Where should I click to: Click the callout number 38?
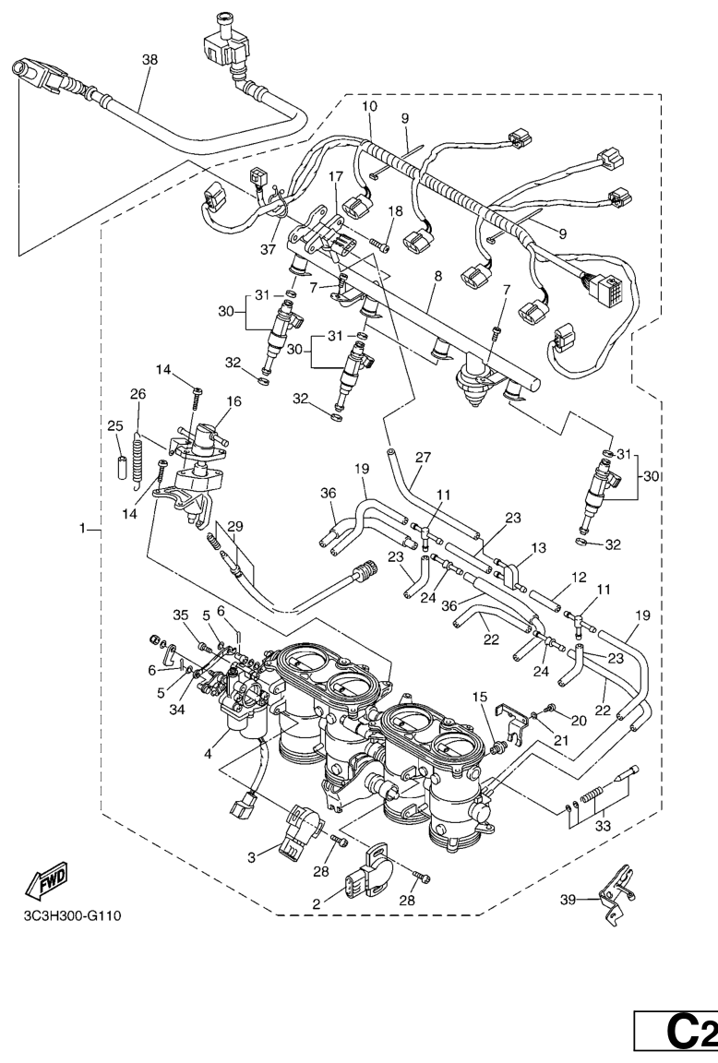pos(150,59)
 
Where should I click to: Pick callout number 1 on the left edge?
pos(83,529)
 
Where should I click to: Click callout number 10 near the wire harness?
pos(369,107)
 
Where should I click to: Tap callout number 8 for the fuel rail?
pos(437,275)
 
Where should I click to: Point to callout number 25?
pos(114,426)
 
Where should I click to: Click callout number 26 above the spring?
pos(138,394)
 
